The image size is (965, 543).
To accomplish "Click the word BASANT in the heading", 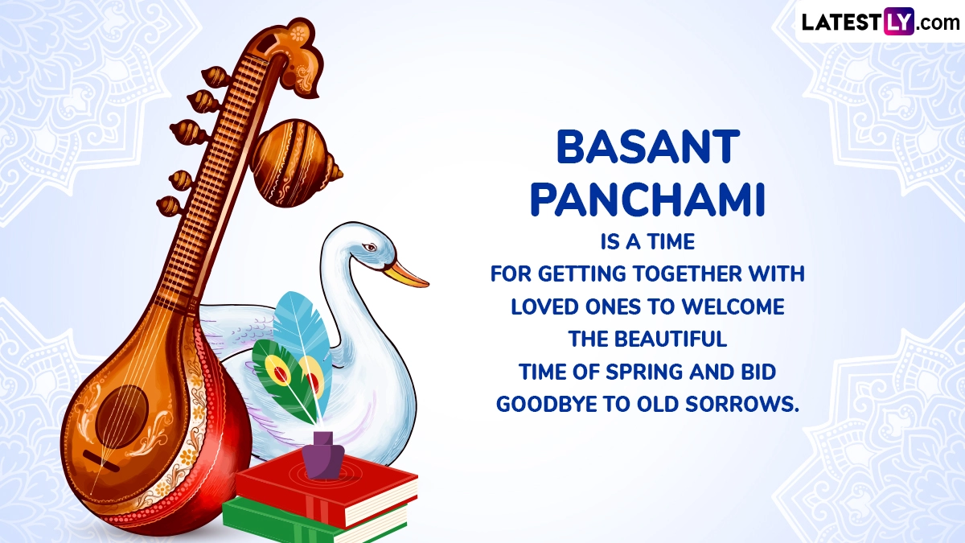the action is (x=648, y=147).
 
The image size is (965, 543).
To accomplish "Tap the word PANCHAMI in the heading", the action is (x=647, y=200).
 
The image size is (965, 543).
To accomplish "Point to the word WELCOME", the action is (x=733, y=306).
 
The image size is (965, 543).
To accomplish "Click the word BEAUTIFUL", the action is (x=671, y=339).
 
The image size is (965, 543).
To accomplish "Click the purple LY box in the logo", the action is (x=899, y=21).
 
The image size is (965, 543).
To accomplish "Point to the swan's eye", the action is (x=369, y=248).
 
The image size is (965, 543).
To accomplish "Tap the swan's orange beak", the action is (x=406, y=274).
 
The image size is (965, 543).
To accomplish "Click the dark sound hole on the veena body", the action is (x=122, y=417).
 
